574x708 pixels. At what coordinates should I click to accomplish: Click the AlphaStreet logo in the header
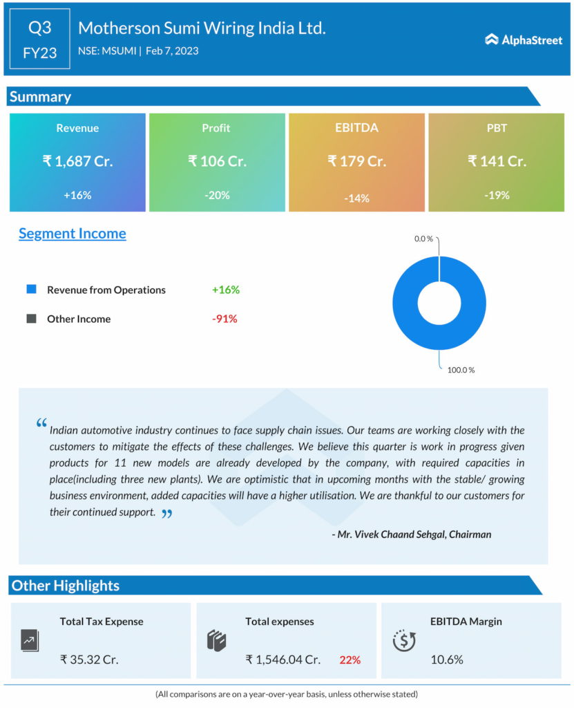click(x=524, y=40)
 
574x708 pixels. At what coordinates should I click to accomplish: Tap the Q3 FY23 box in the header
click(x=40, y=39)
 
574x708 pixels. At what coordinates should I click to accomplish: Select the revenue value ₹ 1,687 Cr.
click(x=77, y=161)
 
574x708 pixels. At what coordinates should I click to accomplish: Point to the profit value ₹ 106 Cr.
click(x=217, y=161)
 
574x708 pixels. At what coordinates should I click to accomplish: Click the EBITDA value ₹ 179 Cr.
click(x=356, y=161)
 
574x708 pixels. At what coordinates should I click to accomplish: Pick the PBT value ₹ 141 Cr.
click(x=497, y=161)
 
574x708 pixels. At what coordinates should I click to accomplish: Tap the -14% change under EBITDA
click(x=356, y=198)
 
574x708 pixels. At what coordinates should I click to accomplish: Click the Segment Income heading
click(x=73, y=234)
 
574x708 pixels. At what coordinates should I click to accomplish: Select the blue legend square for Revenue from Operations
click(x=31, y=290)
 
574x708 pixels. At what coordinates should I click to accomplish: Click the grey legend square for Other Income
click(x=31, y=319)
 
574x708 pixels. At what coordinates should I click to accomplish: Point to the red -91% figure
click(x=224, y=319)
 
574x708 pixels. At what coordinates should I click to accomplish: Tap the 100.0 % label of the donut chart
click(x=461, y=370)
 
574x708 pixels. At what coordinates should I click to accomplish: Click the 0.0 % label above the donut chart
click(x=423, y=239)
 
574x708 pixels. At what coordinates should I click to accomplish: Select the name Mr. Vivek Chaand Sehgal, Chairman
click(x=412, y=534)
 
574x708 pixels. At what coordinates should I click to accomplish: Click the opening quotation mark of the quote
click(x=41, y=423)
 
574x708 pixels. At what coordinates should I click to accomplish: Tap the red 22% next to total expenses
click(x=350, y=660)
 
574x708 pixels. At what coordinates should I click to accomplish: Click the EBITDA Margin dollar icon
click(x=403, y=640)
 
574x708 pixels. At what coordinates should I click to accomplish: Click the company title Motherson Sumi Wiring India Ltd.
click(x=202, y=28)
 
